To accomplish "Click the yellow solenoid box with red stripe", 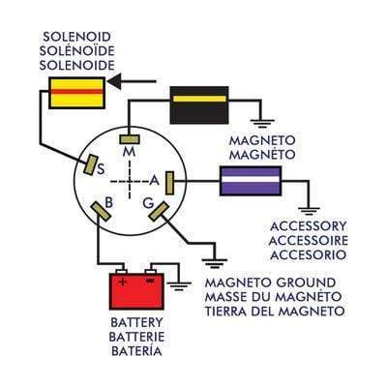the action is (x=76, y=93).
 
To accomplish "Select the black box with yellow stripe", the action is (x=199, y=105).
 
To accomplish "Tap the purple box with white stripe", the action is (x=251, y=181).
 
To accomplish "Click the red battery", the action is (x=136, y=291).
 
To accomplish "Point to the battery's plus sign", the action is (x=122, y=282).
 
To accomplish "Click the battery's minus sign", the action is (x=150, y=282).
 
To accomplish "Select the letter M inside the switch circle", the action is (x=130, y=152).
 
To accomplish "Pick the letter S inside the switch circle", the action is (x=101, y=168).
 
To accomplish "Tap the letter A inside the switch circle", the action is (x=155, y=181).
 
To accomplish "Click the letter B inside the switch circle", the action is (x=109, y=203).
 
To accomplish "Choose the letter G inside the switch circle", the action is (x=148, y=203).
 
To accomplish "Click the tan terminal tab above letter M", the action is (x=130, y=139).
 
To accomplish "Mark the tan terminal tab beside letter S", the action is (x=90, y=164).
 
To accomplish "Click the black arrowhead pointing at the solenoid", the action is (x=114, y=81).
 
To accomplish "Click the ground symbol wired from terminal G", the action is (x=215, y=263).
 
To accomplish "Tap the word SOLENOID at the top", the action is (x=76, y=37).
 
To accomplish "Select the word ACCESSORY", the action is (x=308, y=226).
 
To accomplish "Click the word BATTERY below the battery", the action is (x=136, y=322).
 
